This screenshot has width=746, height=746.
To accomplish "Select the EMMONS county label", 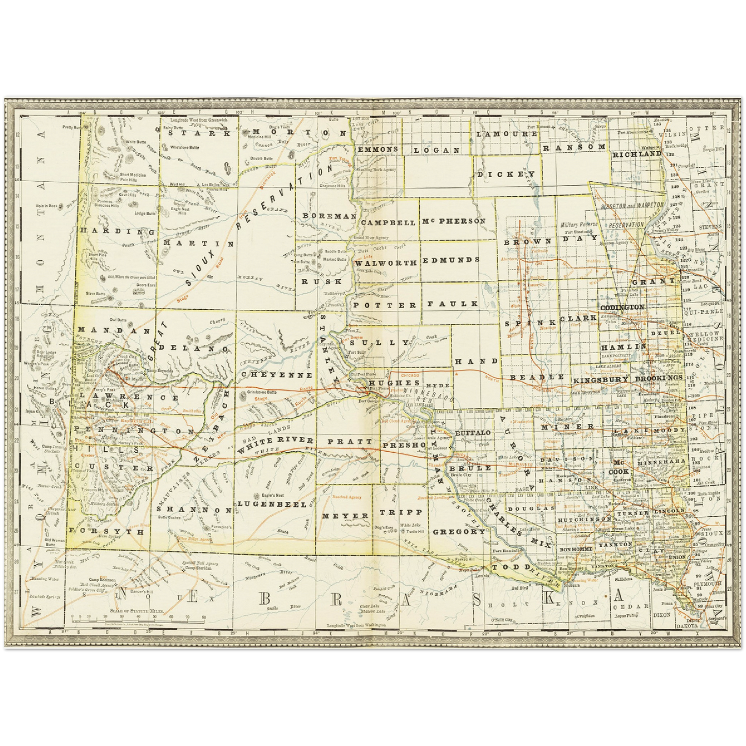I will tap(378, 149).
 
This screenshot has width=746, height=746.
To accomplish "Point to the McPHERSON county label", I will tap(454, 221).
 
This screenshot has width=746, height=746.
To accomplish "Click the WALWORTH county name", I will tap(386, 263).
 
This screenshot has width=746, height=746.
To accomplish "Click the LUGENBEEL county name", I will tap(272, 504).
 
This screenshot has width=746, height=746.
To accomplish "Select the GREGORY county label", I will tap(458, 531).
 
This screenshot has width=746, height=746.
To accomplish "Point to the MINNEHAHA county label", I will tap(661, 461).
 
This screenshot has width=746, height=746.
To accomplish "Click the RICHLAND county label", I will tap(637, 154).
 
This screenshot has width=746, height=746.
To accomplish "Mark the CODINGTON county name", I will tap(622, 307).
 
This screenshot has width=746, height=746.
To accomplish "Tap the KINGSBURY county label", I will tap(600, 379).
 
